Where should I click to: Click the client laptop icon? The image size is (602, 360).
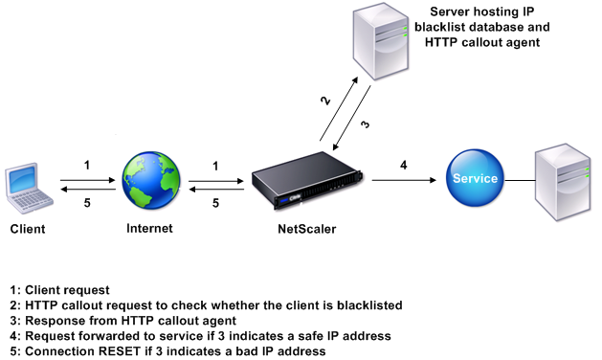[29, 188]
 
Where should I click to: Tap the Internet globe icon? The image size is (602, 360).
[151, 180]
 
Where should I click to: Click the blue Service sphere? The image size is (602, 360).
[475, 178]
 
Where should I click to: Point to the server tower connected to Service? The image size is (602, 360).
[563, 182]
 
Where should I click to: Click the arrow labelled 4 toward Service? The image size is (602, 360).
[404, 180]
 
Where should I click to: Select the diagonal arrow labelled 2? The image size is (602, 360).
[339, 109]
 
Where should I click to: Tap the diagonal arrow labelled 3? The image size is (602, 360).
[351, 118]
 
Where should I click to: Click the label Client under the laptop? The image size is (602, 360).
[28, 229]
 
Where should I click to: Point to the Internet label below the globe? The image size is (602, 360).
[149, 228]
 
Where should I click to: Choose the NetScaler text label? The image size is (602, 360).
[307, 229]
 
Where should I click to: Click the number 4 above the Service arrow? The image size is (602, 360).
[404, 166]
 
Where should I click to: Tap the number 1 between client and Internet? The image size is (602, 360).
[87, 166]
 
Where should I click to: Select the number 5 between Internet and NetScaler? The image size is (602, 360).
[215, 203]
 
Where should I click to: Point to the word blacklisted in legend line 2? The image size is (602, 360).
[369, 305]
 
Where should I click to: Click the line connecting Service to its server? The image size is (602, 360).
[520, 180]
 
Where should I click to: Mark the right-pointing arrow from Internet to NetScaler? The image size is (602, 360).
[216, 181]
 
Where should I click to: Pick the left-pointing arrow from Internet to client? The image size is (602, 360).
[88, 189]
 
